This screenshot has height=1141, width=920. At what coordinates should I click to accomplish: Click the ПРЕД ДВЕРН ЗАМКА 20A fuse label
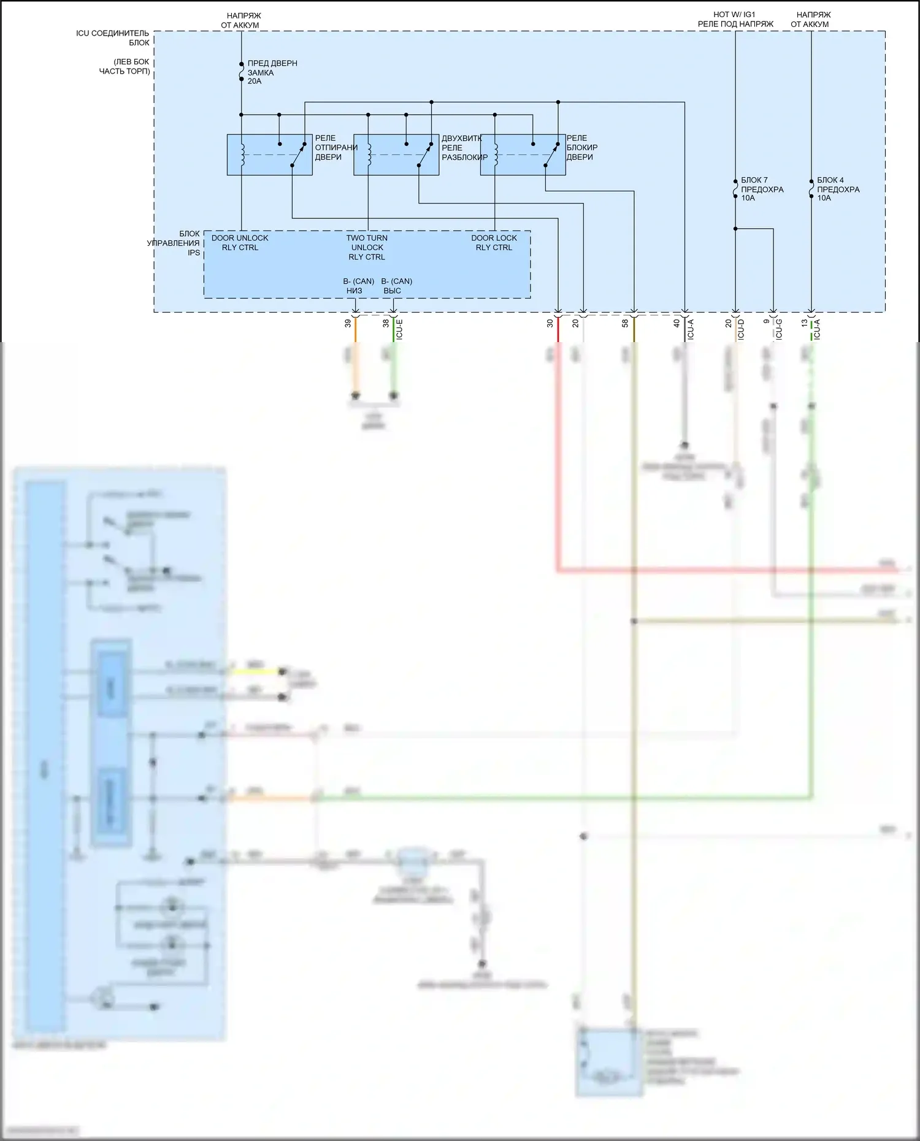tap(272, 72)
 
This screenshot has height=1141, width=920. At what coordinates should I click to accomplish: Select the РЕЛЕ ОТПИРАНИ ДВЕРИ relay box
tap(269, 155)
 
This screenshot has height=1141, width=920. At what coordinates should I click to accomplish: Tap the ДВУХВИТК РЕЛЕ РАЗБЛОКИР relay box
tap(396, 155)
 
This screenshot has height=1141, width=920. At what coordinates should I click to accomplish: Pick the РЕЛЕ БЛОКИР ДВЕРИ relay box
tap(523, 155)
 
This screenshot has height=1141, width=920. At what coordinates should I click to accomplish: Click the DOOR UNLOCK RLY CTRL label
tap(240, 243)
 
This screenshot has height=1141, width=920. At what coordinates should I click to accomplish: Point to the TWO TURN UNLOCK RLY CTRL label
tap(367, 247)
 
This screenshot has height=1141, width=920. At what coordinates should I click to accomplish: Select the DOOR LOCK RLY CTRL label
tap(494, 243)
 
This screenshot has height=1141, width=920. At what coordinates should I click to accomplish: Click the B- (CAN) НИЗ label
tap(358, 286)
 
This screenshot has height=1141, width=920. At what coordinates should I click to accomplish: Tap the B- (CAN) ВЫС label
tap(396, 286)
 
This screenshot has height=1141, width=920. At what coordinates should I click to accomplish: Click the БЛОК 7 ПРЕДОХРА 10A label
tap(762, 189)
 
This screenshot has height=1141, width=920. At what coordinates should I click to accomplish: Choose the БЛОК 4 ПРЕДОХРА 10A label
tap(838, 189)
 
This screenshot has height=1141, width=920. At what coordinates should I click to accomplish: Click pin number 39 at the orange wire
tap(348, 323)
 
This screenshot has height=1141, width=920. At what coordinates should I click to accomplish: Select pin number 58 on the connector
tap(625, 323)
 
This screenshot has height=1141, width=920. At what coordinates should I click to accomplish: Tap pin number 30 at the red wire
tap(550, 323)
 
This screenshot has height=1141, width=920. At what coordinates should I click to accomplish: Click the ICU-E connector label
tap(399, 329)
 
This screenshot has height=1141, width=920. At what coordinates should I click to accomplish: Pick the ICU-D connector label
tap(741, 329)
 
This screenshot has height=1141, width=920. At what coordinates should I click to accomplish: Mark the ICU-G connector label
tap(779, 329)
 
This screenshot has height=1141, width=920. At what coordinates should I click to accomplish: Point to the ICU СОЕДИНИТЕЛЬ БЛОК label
tap(113, 37)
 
